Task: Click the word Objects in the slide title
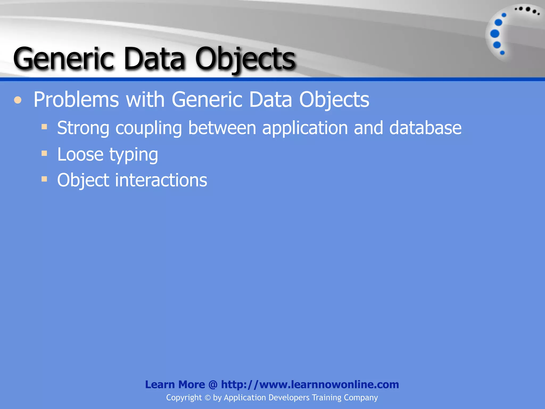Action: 245,59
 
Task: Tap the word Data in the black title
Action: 154,59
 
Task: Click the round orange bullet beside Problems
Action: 18,100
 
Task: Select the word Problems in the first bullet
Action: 76,100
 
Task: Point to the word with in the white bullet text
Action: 145,100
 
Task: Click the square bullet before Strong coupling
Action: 44,126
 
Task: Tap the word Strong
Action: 83,128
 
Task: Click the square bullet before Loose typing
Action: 44,153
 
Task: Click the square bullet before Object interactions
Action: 44,179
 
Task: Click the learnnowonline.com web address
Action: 310,385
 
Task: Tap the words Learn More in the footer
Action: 175,385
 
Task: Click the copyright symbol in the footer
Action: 208,398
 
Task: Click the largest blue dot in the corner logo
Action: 495,34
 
